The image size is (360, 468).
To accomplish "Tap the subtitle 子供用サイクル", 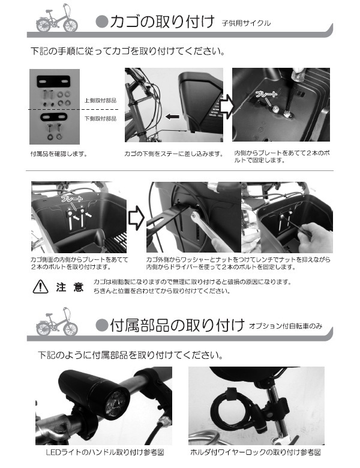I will (x=246, y=25).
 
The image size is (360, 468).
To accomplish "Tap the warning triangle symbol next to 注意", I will (x=40, y=287).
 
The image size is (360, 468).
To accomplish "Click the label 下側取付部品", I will (x=100, y=118).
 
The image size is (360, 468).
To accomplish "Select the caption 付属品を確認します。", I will (x=58, y=154).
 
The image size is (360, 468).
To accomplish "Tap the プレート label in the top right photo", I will (x=266, y=95).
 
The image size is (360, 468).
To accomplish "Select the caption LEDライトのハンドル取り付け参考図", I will (x=104, y=452).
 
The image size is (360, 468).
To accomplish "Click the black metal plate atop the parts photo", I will (x=54, y=80).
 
